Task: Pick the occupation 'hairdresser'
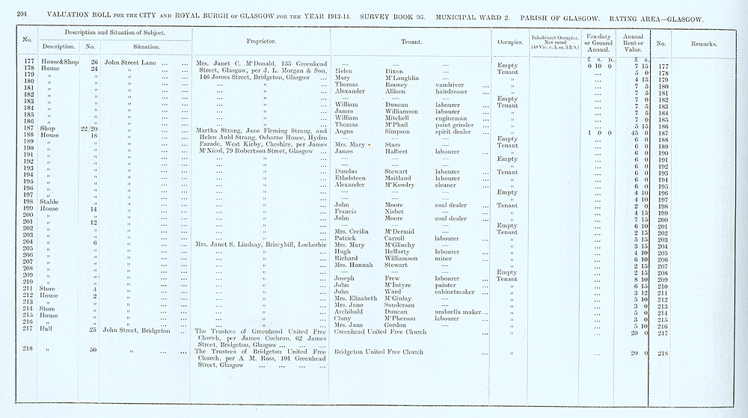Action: coord(453,92)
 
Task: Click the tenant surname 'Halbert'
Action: coord(389,151)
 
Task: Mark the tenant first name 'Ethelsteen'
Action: coord(350,179)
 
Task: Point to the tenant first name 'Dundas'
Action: coord(346,172)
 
